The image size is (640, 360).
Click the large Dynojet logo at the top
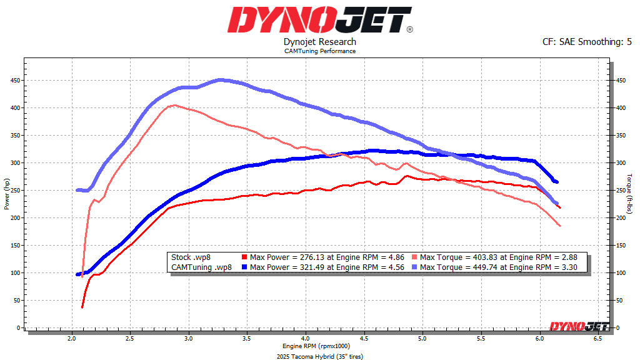coord(319,20)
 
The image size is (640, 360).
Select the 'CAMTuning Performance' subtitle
coord(319,51)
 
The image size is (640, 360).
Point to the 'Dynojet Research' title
coord(319,42)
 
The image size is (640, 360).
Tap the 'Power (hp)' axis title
coord(7,194)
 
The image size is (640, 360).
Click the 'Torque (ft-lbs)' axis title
coord(631,194)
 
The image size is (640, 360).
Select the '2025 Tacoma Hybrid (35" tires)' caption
coord(319,356)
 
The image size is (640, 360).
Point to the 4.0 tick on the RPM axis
coord(306,338)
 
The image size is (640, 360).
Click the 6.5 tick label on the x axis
coord(597,338)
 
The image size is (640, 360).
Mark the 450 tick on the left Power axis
coord(14,81)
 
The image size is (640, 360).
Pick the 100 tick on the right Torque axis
coord(621,273)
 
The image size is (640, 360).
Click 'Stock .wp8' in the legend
coord(190,257)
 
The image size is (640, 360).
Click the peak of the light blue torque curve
coord(220,80)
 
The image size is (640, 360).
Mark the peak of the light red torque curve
coord(174,105)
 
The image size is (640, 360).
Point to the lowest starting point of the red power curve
coord(82,306)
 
